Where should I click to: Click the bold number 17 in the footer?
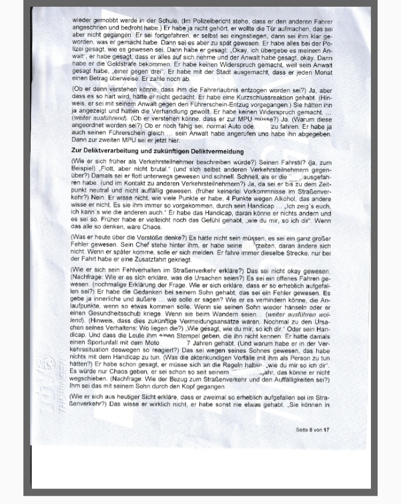[x=326, y=430]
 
